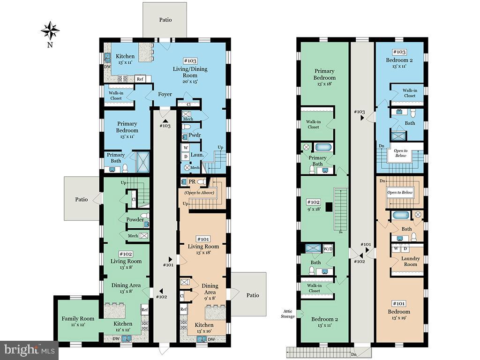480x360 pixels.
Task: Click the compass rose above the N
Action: pos(50,31)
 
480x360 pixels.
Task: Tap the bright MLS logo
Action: pos(29,350)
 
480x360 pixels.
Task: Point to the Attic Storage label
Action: pos(288,314)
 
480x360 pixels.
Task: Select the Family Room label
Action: pos(78,319)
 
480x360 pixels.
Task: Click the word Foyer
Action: pos(165,94)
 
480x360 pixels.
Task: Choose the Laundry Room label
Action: pos(411,261)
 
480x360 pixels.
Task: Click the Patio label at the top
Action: pos(165,20)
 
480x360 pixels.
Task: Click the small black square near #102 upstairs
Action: pos(329,206)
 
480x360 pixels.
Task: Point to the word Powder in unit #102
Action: pos(135,219)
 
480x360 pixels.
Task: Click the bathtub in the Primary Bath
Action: pos(323,147)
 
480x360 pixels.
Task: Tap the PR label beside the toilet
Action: pos(192,181)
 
